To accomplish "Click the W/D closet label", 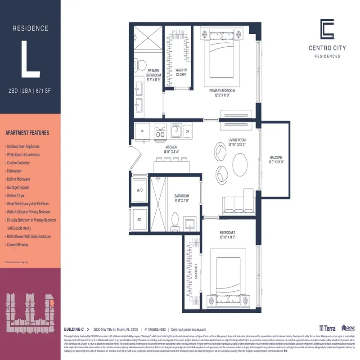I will click(x=140, y=190).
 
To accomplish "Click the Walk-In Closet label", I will click(x=181, y=72).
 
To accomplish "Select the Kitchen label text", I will click(x=171, y=149).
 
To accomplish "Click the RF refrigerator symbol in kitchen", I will click(x=143, y=131).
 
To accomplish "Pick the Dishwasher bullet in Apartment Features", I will click(x=17, y=171).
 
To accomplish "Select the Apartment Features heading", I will click(x=27, y=133).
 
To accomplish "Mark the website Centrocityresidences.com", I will click(x=189, y=329).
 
